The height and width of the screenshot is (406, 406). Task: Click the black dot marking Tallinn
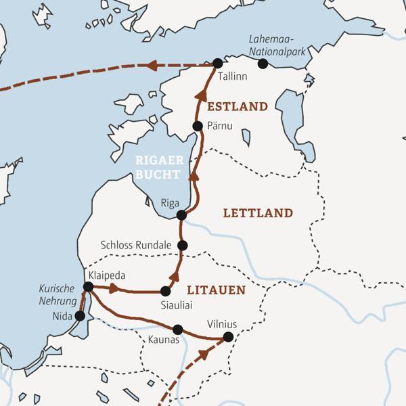tap(217, 63)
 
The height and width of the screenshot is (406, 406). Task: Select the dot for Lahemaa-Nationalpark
tap(263, 64)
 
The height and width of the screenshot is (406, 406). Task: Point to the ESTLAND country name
tap(238, 107)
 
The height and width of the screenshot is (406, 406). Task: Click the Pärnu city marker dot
tap(198, 126)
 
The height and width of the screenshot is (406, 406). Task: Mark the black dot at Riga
tap(181, 215)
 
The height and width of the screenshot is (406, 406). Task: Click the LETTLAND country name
tap(258, 213)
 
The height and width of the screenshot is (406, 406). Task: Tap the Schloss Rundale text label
tap(135, 245)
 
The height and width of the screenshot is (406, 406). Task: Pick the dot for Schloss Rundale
tap(181, 246)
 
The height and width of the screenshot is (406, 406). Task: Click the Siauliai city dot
tap(165, 292)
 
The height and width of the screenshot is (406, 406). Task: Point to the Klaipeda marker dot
tap(88, 287)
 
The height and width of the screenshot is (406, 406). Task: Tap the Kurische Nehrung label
tap(56, 295)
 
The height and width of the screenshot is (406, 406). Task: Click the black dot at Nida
tap(80, 315)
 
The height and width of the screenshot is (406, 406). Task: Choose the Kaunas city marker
tap(178, 330)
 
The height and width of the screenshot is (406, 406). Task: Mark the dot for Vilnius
tap(228, 336)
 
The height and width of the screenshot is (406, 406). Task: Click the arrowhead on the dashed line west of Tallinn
tap(152, 66)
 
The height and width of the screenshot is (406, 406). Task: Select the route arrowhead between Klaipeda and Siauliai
tap(114, 289)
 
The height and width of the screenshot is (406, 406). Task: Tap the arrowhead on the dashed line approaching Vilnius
tap(204, 354)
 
